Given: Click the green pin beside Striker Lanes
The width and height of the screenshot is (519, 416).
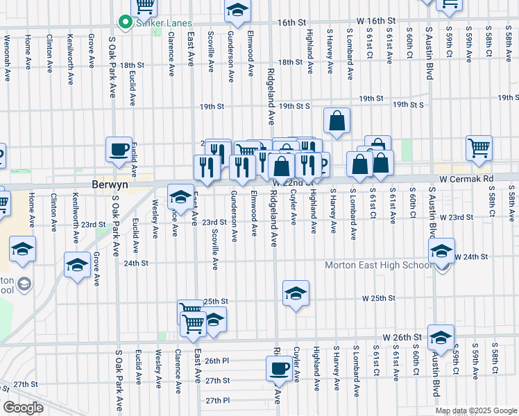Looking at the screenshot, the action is click(x=125, y=23).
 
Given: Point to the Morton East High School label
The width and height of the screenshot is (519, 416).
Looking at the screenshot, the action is click(x=380, y=266).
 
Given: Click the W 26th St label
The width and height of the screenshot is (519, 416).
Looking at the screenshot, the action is click(x=398, y=337).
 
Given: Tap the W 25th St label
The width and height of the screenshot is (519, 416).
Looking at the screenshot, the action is click(x=379, y=298).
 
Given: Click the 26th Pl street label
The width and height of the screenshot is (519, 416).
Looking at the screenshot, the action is click(x=216, y=361).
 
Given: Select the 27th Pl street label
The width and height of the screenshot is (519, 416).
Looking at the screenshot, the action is click(x=217, y=400).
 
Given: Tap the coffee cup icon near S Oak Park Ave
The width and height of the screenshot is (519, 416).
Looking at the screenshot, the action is click(x=119, y=148).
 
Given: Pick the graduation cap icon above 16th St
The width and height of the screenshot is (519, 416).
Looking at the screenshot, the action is click(x=237, y=10).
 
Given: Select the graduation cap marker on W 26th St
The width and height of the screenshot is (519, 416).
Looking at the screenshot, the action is click(x=440, y=338).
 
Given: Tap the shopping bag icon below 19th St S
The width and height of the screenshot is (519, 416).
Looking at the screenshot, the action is click(x=337, y=120).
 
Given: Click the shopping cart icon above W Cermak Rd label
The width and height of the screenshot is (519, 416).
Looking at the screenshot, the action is click(x=479, y=148).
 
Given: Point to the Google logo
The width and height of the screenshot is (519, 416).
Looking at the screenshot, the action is click(x=23, y=408).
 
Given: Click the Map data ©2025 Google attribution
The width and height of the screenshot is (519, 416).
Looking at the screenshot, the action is click(x=475, y=410).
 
